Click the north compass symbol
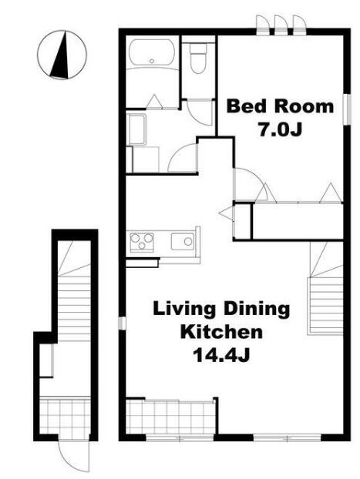tap(62, 55)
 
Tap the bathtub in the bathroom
tap(152, 52)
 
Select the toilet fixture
tap(198, 58)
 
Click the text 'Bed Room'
tap(280, 106)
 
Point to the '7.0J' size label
tap(280, 129)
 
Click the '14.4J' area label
tap(221, 355)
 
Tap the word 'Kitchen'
tap(221, 332)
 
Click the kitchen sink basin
tap(183, 241)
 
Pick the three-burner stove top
tap(142, 242)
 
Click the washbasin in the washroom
tap(136, 129)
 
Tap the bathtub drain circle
tap(152, 61)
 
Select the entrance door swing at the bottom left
tap(74, 456)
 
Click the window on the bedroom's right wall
tap(347, 109)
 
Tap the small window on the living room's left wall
tap(122, 323)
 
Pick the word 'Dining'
tap(257, 309)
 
